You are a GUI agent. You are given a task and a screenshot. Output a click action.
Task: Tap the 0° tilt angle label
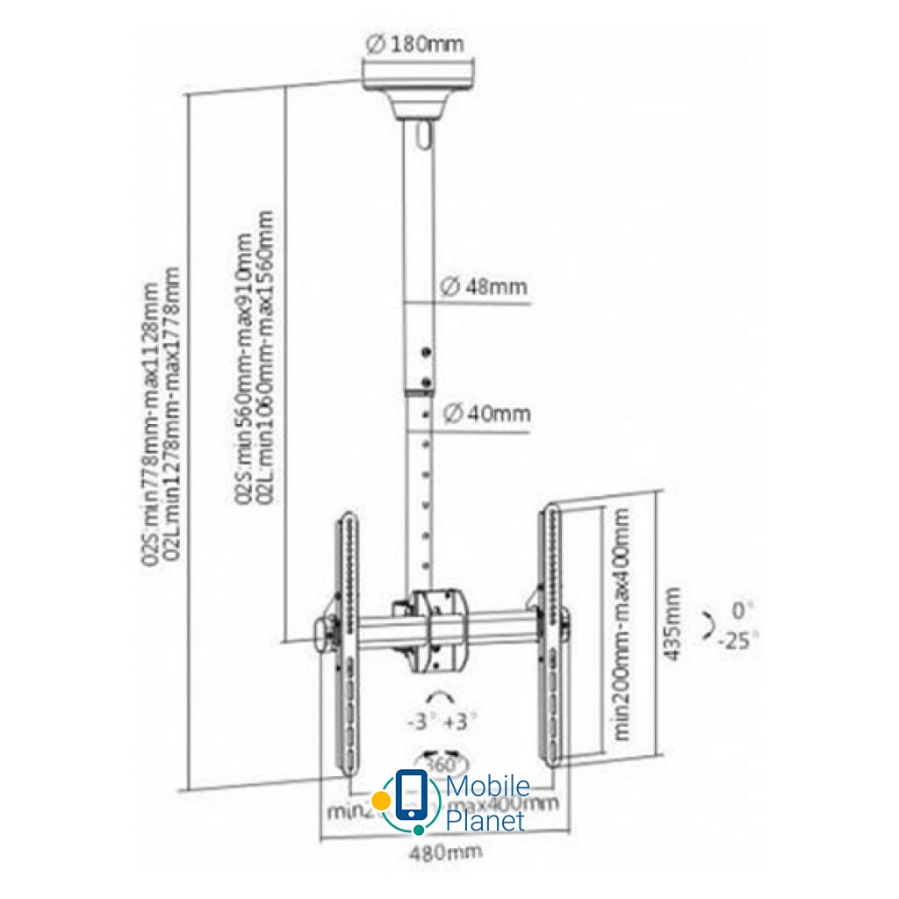click(x=742, y=608)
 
